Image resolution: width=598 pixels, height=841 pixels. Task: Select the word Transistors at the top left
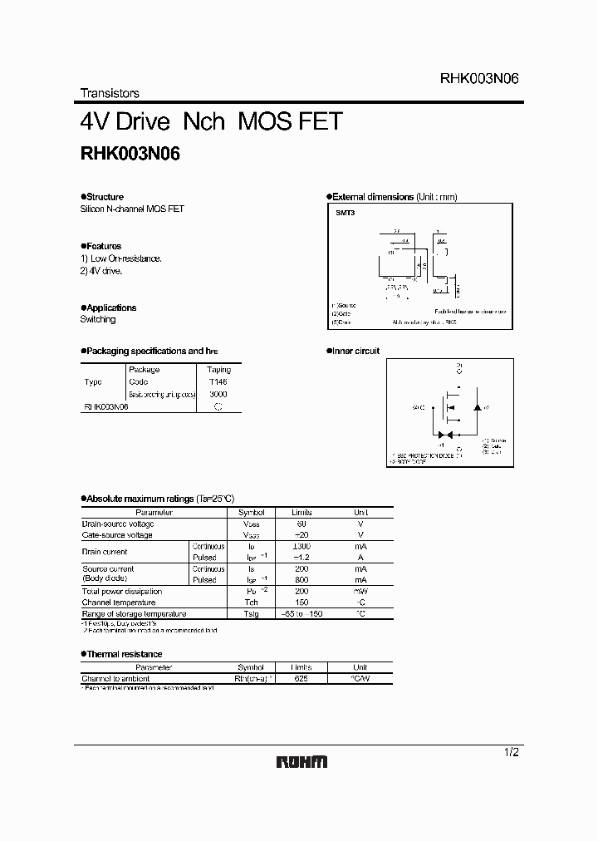pos(110,94)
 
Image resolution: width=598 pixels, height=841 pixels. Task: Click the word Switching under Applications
pos(98,319)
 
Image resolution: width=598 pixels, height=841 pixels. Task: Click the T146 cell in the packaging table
pos(218,381)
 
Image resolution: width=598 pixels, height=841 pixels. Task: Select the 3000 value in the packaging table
pos(218,394)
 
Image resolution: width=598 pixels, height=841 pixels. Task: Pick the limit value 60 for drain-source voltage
pos(301,524)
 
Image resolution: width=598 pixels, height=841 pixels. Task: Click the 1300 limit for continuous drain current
pos(301,547)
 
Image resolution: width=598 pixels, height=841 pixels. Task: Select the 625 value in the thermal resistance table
pos(301,679)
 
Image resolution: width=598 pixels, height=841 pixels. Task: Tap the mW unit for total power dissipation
pos(360,592)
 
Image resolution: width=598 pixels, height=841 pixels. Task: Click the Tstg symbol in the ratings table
pos(251,614)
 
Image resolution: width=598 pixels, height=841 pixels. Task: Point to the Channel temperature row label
pos(119,602)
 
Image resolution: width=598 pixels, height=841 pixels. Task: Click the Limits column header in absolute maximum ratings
pos(301,513)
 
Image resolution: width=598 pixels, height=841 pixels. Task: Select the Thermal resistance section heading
pos(125,654)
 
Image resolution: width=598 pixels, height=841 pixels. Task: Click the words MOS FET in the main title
pos(290,121)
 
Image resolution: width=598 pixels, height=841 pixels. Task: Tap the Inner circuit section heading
pos(357,351)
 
